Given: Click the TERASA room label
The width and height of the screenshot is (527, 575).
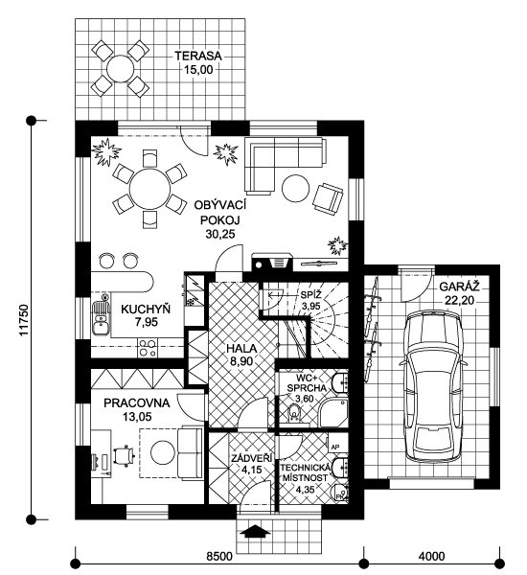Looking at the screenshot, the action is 198,57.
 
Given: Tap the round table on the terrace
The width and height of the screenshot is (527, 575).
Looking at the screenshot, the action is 120,68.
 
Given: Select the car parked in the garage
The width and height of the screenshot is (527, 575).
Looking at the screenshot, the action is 433,386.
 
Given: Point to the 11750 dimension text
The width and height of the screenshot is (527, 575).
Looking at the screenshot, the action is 23,319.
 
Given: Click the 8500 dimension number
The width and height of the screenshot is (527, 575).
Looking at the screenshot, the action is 218,556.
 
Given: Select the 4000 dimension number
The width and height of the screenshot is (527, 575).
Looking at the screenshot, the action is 431,556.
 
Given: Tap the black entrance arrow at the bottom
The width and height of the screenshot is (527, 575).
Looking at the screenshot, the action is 255,531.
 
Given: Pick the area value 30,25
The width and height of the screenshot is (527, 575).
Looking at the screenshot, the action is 220,234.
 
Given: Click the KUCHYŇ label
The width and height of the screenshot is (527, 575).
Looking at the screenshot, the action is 146,310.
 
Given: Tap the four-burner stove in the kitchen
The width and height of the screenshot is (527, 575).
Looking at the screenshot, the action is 147,348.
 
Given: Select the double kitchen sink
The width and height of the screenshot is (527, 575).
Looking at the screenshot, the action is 101,318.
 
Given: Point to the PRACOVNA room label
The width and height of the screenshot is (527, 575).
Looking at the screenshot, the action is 137,403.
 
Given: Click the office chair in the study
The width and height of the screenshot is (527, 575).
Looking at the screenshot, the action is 124,456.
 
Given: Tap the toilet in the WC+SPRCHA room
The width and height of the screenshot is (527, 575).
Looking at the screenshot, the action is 294,412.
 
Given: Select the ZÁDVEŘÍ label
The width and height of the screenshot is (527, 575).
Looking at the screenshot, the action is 252,458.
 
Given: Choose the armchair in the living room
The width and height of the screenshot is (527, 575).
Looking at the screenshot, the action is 328,198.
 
